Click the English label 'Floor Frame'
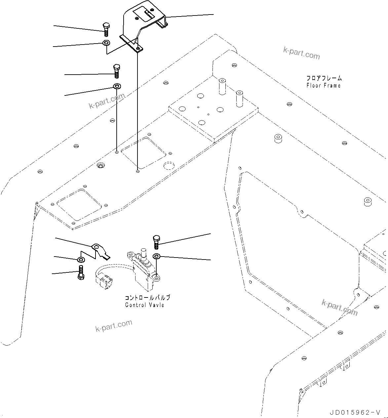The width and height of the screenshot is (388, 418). pos(323,86)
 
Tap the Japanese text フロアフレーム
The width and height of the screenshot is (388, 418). pos(324,78)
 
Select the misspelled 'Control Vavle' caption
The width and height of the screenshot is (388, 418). pos(144,305)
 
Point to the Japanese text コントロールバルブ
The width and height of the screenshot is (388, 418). pos(147,297)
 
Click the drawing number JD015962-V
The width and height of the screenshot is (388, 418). pos(355,413)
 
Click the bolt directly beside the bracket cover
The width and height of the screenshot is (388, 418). pos(106,30)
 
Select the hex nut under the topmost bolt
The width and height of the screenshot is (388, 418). pos(106,43)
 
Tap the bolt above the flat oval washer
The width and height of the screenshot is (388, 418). pos(117,71)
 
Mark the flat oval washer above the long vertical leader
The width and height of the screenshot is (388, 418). pos(117,87)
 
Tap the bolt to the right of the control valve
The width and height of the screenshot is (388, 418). pos(157,242)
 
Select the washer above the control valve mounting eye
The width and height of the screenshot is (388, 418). pos(156,256)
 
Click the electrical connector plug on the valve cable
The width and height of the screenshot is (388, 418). pos(104,283)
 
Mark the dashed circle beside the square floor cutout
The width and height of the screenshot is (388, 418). pos(169,165)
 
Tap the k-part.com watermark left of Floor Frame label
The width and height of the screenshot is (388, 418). pos(301,53)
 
